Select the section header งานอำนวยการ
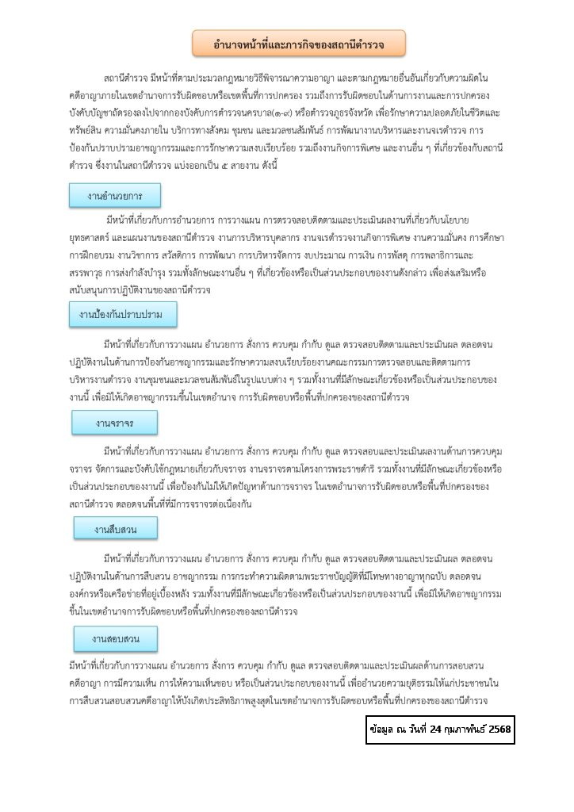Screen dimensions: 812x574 click(115, 195)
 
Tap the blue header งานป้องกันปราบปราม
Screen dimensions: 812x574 click(121, 316)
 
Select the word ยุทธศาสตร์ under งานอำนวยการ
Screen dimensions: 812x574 click(89, 236)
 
